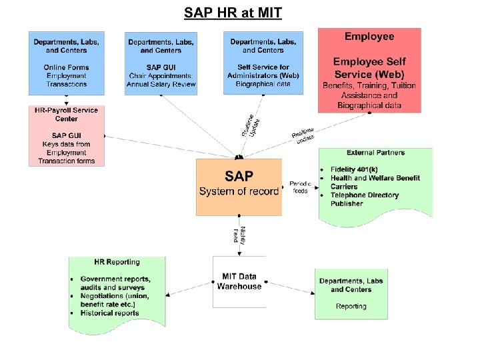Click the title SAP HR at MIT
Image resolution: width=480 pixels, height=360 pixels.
point(233,13)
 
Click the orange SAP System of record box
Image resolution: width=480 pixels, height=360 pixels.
point(239,187)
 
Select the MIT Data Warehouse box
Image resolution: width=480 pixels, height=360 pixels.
point(239,281)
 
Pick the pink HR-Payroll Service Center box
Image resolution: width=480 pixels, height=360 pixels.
point(66,135)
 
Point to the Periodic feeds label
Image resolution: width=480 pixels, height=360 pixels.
point(300,187)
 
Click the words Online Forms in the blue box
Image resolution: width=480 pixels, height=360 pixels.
point(66,67)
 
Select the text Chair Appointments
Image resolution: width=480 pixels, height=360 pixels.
point(161,76)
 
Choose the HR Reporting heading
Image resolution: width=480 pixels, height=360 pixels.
point(117,262)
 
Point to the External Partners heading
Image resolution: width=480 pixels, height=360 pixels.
point(375,153)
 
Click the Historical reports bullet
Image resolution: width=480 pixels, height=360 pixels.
point(109,313)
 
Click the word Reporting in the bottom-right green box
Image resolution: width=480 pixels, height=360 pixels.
point(351,306)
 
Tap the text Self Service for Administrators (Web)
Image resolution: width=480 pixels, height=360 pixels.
point(263,71)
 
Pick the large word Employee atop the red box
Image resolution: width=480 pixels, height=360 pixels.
point(369,37)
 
